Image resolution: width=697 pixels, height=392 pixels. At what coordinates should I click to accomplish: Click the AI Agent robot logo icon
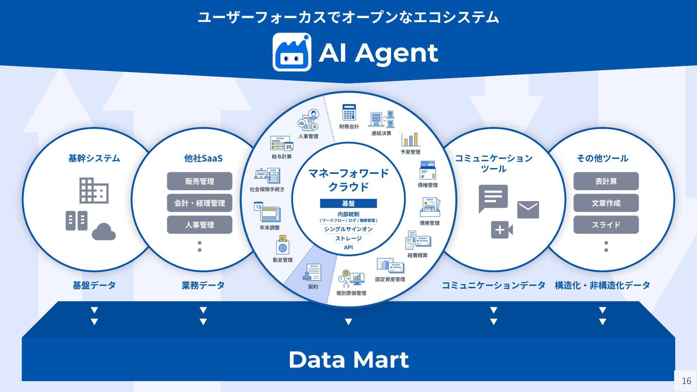click(292, 52)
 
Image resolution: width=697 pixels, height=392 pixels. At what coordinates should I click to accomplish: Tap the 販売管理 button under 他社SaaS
click(199, 181)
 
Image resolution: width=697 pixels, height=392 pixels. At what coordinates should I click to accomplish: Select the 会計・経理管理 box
click(199, 203)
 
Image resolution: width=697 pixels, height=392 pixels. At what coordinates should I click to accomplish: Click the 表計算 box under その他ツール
click(606, 181)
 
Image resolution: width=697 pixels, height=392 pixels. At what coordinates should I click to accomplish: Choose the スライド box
click(606, 225)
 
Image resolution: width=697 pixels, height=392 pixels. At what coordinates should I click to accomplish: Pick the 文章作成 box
click(606, 203)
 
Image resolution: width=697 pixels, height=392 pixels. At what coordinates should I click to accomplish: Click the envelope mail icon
click(528, 209)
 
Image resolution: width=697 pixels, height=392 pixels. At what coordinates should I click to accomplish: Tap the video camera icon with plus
click(501, 230)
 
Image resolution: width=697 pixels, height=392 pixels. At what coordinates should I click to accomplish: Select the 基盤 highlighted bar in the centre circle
click(348, 203)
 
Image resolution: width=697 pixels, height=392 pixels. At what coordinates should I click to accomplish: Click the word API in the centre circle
click(348, 248)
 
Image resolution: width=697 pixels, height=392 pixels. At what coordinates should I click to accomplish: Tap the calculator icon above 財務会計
click(349, 113)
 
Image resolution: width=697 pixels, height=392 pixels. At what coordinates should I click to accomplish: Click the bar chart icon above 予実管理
click(411, 139)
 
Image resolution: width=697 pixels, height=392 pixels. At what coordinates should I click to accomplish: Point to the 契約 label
click(313, 287)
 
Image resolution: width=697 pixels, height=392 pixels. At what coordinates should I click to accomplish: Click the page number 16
click(686, 381)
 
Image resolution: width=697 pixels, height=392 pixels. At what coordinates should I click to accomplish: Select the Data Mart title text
click(348, 360)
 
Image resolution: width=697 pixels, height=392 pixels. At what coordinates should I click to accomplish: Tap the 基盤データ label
click(94, 285)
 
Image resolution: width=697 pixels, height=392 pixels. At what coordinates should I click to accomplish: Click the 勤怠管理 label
click(282, 260)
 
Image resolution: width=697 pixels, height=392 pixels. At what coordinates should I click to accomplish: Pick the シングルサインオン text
click(348, 229)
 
